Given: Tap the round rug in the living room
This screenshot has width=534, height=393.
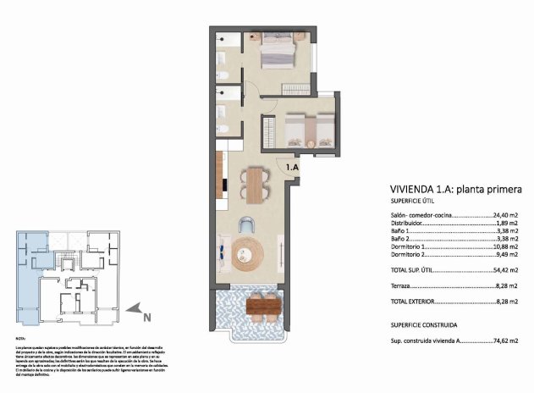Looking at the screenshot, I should click(249, 251).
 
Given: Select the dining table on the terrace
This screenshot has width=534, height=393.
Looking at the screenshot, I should click(263, 305).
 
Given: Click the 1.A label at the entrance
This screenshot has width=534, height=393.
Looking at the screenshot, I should click(293, 168).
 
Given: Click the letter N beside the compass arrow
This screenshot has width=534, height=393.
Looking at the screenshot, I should click(146, 318).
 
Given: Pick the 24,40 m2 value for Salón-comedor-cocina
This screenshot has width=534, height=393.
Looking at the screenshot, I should click(505, 216).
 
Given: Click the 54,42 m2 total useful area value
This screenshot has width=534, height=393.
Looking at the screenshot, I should click(505, 271).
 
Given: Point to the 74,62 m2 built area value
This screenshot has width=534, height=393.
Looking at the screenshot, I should click(505, 340).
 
